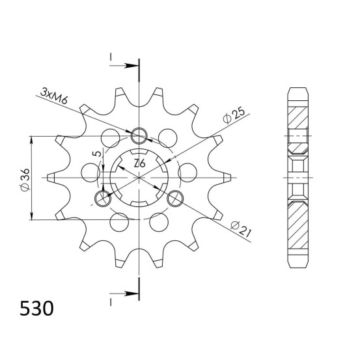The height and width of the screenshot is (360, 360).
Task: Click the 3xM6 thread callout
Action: pyautogui.click(x=54, y=96)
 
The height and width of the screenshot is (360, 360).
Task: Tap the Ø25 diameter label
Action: pyautogui.click(x=234, y=115)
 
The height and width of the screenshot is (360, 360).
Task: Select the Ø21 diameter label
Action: pyautogui.click(x=241, y=229)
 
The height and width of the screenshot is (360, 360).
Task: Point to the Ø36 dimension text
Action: pyautogui.click(x=25, y=180)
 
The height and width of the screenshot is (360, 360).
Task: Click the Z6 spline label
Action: pyautogui.click(x=139, y=164)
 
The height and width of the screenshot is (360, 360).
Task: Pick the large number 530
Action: pyautogui.click(x=36, y=309)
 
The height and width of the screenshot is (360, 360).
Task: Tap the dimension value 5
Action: pyautogui.click(x=98, y=154)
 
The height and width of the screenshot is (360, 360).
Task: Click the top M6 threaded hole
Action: pyautogui.click(x=139, y=135)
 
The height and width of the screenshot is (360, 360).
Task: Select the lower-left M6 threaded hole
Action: pyautogui.click(x=103, y=199)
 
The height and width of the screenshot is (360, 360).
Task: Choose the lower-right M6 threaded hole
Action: pyautogui.click(x=175, y=199)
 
